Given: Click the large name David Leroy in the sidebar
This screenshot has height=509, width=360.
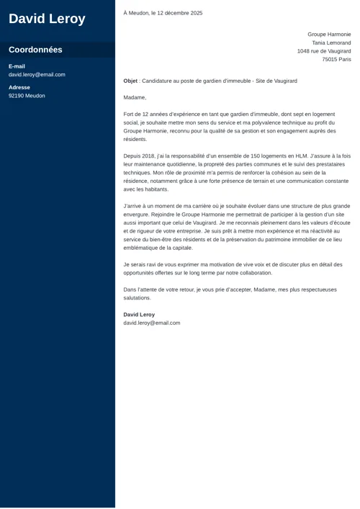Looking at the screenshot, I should pyautogui.click(x=47, y=19).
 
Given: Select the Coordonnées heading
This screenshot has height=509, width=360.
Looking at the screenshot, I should pyautogui.click(x=35, y=50).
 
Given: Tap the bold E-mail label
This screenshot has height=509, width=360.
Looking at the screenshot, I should pyautogui.click(x=17, y=66).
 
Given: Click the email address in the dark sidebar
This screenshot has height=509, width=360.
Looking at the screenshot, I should pyautogui.click(x=37, y=74).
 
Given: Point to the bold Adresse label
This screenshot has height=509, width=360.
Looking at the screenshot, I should pyautogui.click(x=19, y=87).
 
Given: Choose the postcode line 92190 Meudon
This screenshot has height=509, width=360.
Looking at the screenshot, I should pyautogui.click(x=27, y=96).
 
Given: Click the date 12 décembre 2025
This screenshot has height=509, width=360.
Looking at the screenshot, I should pyautogui.click(x=176, y=13).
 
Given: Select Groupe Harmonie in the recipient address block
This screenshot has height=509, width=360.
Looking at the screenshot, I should pyautogui.click(x=329, y=34).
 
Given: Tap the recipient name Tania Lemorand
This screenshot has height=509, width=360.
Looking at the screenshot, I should pyautogui.click(x=331, y=42).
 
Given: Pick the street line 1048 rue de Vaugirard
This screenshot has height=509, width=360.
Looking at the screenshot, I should pyautogui.click(x=324, y=51).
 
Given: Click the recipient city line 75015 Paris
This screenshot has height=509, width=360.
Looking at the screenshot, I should pyautogui.click(x=336, y=60).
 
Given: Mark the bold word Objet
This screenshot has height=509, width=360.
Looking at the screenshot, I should pyautogui.click(x=130, y=81).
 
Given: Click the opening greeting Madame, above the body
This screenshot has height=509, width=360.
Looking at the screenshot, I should pyautogui.click(x=135, y=97).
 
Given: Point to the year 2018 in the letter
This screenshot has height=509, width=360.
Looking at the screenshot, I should pyautogui.click(x=149, y=156).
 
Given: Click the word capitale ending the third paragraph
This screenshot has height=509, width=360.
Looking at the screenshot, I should pyautogui.click(x=183, y=248).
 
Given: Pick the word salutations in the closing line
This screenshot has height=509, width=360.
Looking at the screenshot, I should pyautogui.click(x=137, y=297).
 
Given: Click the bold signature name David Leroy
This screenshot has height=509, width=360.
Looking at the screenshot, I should pyautogui.click(x=139, y=315).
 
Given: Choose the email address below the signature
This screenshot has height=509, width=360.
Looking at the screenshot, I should pyautogui.click(x=152, y=323).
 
